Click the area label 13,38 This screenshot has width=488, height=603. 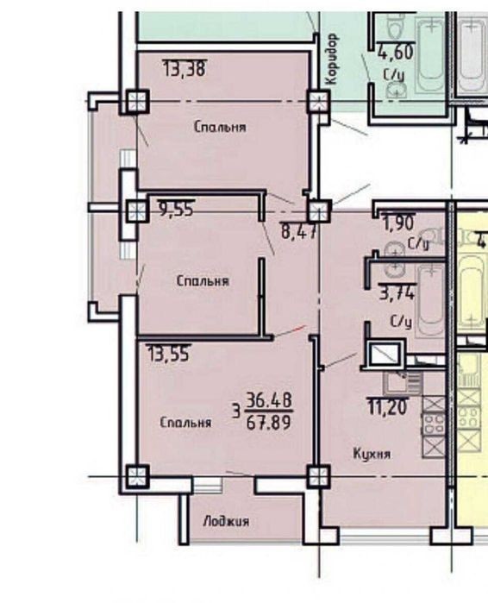point(185,68)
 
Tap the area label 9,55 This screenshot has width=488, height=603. point(177,209)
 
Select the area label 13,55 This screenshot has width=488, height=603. point(169,354)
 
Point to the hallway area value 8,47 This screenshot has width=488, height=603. point(299,231)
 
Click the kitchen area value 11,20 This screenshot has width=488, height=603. point(388,407)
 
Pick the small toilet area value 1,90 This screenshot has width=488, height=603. point(398,223)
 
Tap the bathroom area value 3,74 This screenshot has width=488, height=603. point(397,292)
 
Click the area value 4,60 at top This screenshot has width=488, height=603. point(396,52)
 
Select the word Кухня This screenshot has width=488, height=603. point(372,454)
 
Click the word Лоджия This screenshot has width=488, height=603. point(226,521)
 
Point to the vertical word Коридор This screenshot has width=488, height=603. point(332,59)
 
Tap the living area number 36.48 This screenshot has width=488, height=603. point(269,401)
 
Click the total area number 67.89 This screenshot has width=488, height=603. point(269,422)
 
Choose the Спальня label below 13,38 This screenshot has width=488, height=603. point(220,127)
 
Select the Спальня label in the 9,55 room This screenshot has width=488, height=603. point(203,280)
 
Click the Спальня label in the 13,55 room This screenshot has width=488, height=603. point(185,422)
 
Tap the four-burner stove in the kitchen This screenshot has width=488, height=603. point(434,423)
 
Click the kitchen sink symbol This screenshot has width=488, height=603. point(403,382)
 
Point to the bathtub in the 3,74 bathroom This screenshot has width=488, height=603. point(431,299)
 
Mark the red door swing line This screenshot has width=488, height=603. point(290,331)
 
